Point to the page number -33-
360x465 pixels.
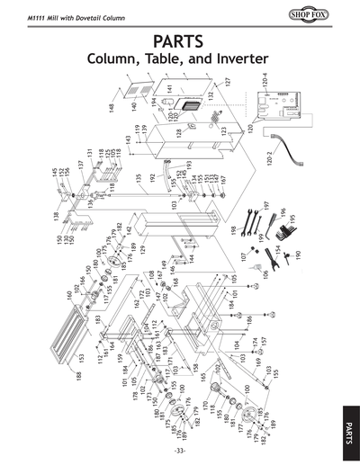180,450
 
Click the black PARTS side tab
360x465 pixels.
350,423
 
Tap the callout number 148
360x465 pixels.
112,108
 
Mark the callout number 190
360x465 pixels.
299,267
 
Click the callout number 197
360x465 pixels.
266,207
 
